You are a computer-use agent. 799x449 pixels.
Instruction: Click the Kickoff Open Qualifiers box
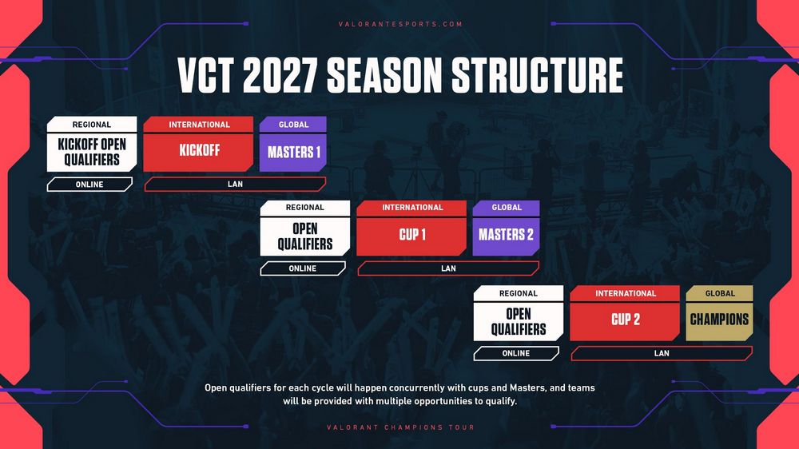point(92,153)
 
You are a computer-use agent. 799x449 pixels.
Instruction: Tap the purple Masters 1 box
point(293,153)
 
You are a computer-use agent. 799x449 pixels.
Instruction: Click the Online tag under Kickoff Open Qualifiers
point(89,185)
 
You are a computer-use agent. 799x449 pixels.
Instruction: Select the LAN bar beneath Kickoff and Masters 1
point(236,185)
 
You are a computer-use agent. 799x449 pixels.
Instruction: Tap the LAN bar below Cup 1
point(448,268)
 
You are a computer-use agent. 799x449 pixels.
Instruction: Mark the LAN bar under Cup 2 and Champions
point(662,353)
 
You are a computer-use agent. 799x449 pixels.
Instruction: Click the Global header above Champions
point(720,293)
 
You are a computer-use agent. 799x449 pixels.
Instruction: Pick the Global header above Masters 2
point(506,208)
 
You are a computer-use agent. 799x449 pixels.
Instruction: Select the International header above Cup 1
point(411,208)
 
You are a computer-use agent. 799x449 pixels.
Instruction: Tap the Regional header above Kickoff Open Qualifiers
point(92,125)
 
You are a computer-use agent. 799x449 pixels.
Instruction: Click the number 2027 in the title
point(280,75)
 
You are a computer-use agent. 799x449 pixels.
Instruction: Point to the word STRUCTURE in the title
point(538,75)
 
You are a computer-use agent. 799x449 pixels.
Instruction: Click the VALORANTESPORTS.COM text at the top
point(400,24)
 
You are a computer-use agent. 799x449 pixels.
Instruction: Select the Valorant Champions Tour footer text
point(400,427)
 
